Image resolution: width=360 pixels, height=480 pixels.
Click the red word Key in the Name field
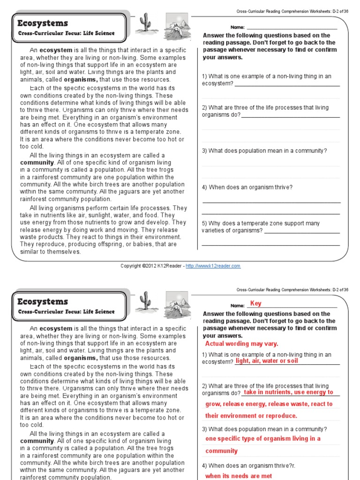[255, 304]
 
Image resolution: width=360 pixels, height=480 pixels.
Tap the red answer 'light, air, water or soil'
[266, 361]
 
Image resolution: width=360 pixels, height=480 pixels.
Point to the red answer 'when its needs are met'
[239, 476]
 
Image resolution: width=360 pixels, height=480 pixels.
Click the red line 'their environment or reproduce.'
[251, 416]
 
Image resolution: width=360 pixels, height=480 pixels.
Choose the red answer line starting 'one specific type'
[263, 439]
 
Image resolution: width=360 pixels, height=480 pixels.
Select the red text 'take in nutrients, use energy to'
[289, 392]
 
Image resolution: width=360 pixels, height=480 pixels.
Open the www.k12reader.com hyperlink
[213, 266]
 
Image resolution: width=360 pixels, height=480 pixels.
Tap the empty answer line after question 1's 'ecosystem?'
[287, 84]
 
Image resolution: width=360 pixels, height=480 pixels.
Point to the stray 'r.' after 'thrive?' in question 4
[293, 465]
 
